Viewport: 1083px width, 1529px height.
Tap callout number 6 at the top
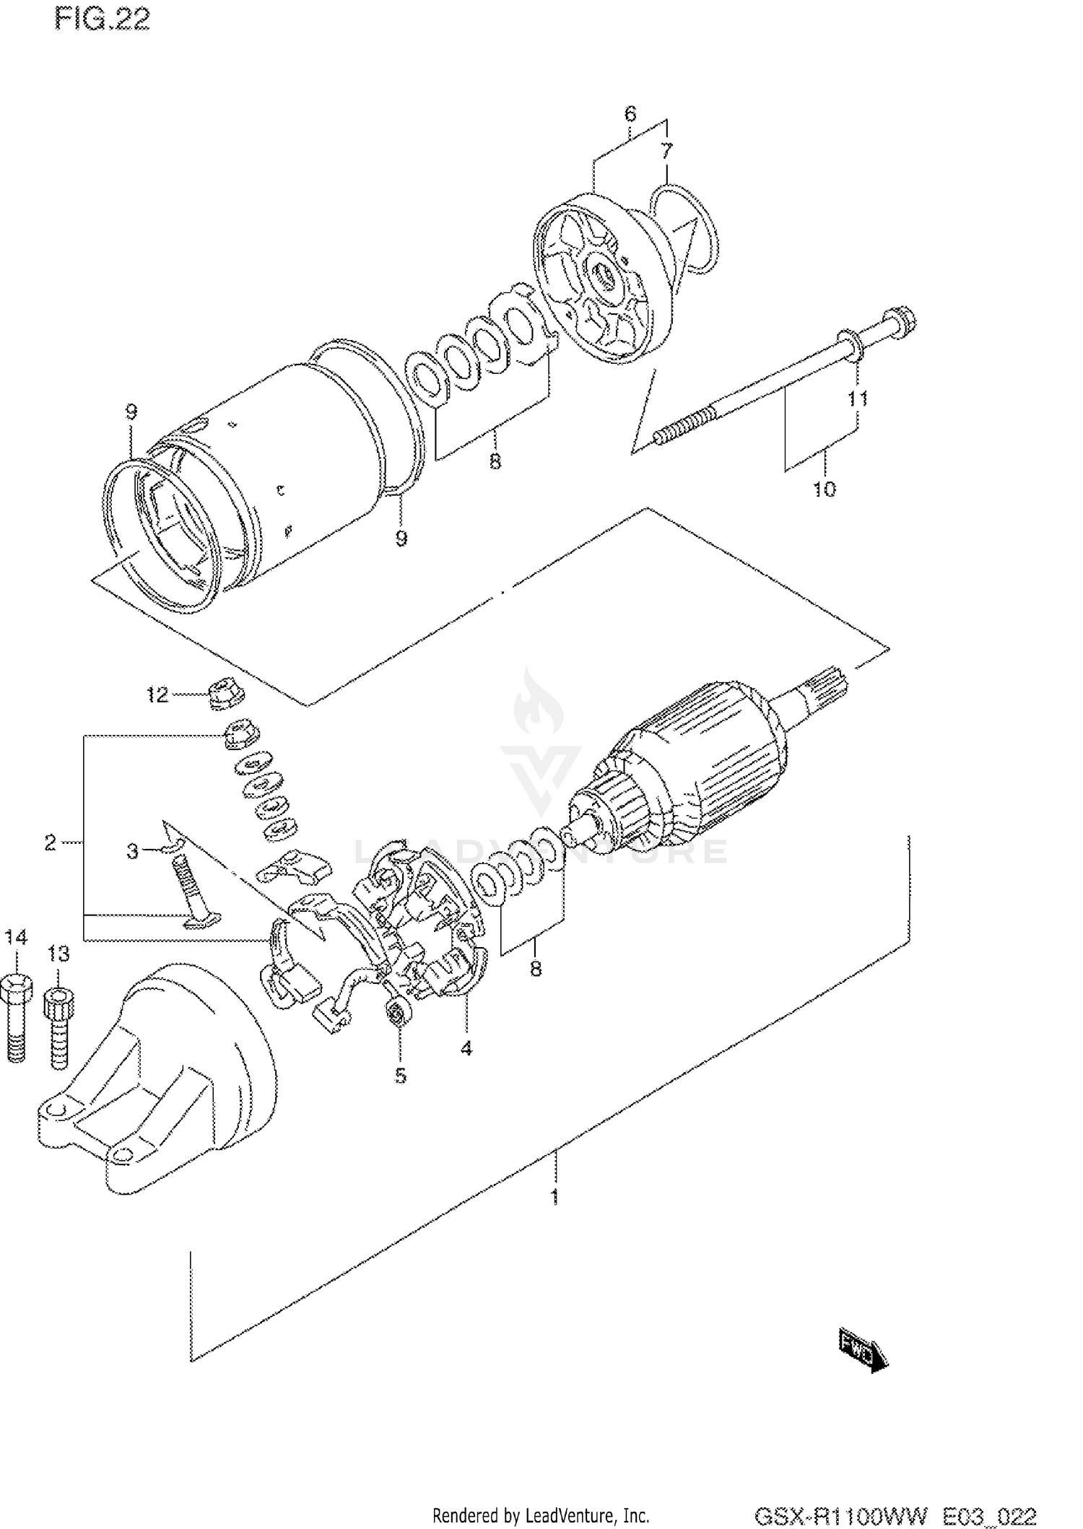(x=630, y=113)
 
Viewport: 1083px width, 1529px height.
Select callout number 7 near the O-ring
(x=666, y=151)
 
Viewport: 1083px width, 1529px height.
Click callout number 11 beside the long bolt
(x=857, y=398)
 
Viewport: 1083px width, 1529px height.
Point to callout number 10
(x=824, y=489)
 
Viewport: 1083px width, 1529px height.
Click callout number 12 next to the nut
(x=157, y=694)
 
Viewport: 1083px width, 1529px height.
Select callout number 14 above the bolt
(x=16, y=937)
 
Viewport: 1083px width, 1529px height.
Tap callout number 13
(x=58, y=954)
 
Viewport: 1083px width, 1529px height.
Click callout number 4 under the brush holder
(x=466, y=1047)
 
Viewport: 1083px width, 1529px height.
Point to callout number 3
(x=132, y=851)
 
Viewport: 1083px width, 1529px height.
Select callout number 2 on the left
(x=49, y=842)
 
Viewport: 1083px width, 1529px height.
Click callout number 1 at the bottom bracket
(x=554, y=1197)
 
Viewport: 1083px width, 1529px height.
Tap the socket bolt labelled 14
(x=16, y=1011)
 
